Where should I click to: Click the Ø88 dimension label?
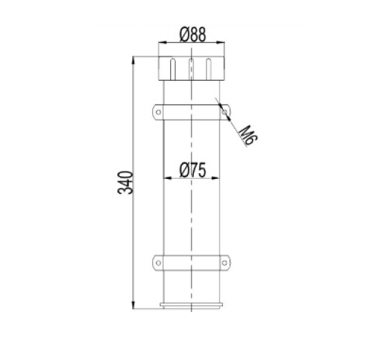(x=192, y=35)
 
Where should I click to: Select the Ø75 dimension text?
(x=192, y=170)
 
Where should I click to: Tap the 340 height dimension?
(x=125, y=183)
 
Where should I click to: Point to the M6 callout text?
(x=249, y=135)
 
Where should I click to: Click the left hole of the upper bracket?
(x=159, y=112)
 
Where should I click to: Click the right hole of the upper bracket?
(x=224, y=112)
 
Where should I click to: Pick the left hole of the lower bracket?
(x=159, y=263)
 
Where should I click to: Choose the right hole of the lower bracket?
(x=224, y=263)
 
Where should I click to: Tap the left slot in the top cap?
(x=173, y=69)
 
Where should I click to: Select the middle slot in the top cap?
(x=191, y=69)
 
